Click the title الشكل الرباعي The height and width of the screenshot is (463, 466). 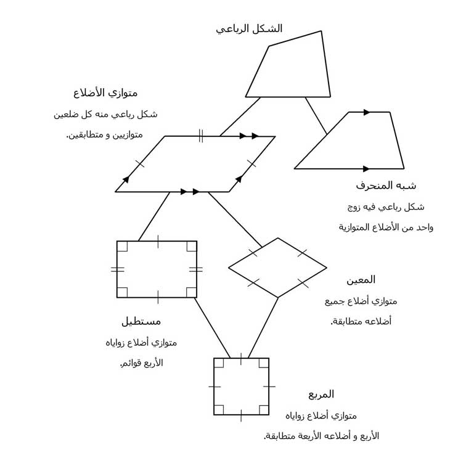[249, 29]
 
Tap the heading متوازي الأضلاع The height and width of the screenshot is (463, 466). [105, 93]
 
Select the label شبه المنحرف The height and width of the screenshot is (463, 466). [386, 186]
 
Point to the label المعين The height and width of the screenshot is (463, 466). [361, 280]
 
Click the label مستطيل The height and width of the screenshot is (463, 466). [141, 321]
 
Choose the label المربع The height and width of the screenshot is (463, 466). [321, 395]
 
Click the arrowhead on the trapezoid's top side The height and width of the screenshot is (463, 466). [367, 112]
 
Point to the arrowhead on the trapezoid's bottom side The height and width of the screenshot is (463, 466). [366, 169]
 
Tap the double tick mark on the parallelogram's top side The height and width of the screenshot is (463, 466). [201, 136]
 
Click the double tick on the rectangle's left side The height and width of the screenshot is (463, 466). [117, 269]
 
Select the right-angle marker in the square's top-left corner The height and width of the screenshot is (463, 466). [219, 363]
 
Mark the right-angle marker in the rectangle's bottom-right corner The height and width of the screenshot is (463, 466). [191, 293]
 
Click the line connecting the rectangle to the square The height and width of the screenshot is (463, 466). [212, 328]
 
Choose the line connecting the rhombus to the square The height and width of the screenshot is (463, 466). [263, 328]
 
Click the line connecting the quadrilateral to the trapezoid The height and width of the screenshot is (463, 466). [316, 116]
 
